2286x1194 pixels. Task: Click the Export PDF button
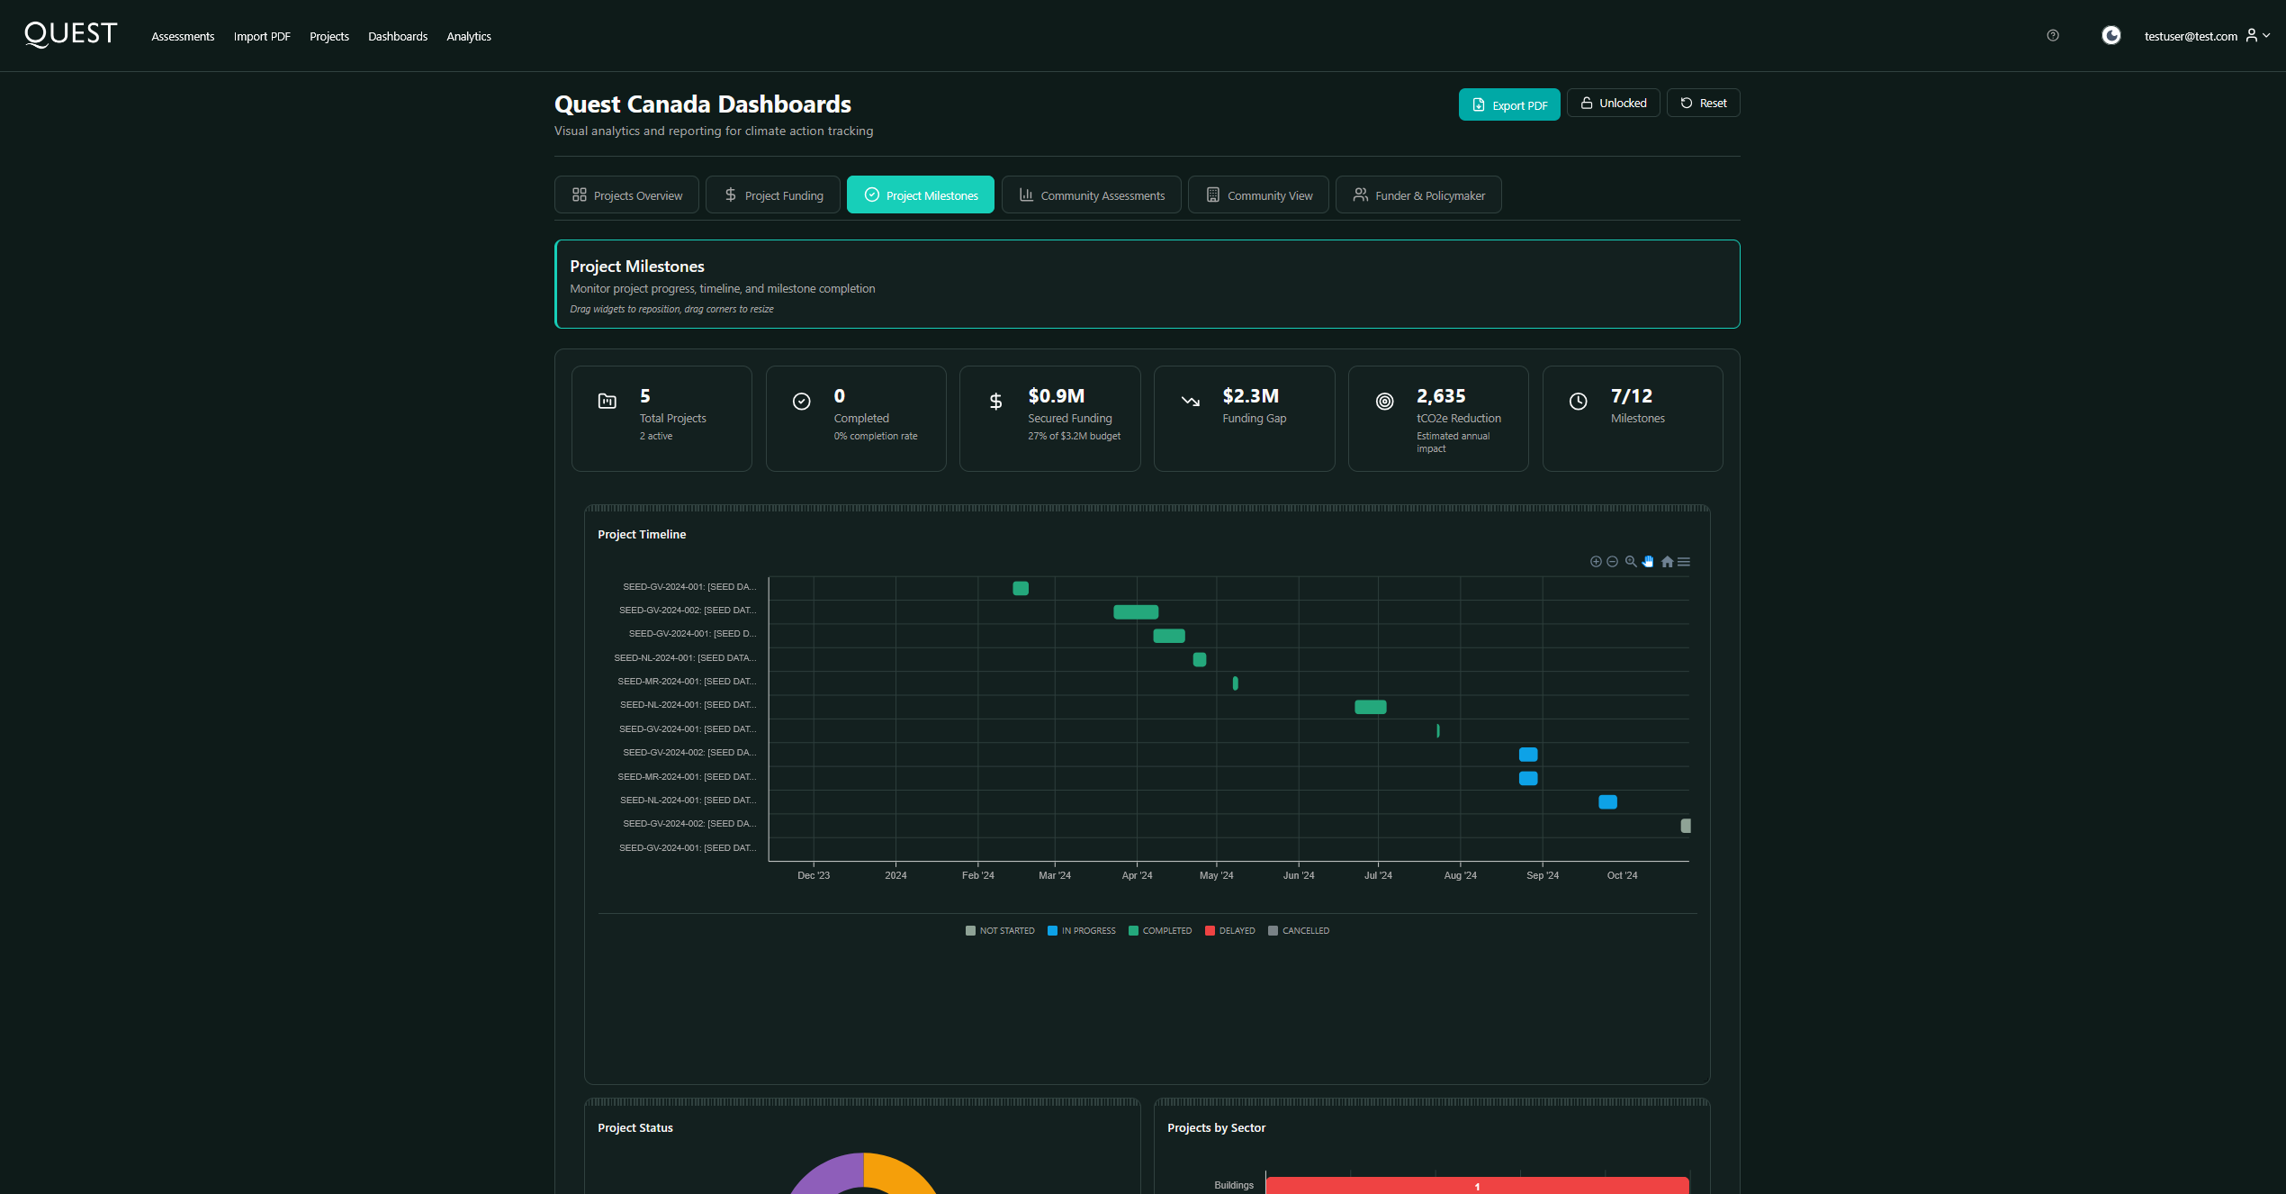1508,104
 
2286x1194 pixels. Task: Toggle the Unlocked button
1613,104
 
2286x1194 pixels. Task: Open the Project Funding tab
772,195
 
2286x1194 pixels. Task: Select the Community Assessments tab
1091,195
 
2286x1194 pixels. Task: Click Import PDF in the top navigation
262,37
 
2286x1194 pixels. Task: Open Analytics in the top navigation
468,37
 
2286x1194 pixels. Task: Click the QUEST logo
71,34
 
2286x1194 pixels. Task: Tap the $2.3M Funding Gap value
1250,396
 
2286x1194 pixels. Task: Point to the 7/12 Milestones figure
1631,396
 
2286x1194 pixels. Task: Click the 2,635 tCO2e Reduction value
1441,396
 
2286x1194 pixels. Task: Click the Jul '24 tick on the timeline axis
1377,875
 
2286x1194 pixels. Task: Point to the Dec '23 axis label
814,875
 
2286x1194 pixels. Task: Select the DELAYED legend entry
1230,931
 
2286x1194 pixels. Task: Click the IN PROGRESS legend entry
1082,931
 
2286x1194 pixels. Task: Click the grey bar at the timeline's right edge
1686,826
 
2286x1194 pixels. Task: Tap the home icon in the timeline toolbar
1667,562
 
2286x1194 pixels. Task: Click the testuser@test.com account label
2190,37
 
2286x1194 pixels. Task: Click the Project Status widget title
634,1128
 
